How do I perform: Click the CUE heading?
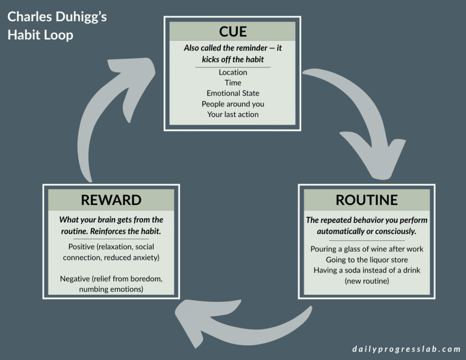tap(233, 31)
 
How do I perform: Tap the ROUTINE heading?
tap(366, 200)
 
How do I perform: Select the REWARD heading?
tap(111, 200)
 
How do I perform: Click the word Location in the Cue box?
tap(233, 72)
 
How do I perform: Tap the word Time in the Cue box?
tap(233, 83)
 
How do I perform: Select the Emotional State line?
tap(233, 93)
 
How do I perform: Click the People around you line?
tap(233, 104)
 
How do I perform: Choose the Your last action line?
tap(233, 114)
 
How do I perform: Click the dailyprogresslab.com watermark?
tap(406, 349)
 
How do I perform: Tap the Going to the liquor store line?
tap(366, 259)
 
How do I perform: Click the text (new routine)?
tap(366, 281)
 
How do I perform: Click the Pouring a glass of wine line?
tap(366, 249)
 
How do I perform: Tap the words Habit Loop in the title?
tap(40, 35)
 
